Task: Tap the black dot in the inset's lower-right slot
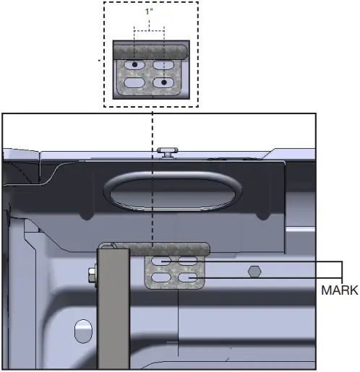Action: [166, 83]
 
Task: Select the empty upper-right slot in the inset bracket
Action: [165, 66]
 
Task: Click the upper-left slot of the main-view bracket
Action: [162, 261]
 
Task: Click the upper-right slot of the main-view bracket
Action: [188, 261]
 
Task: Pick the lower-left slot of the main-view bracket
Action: [162, 277]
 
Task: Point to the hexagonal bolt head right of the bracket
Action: [254, 272]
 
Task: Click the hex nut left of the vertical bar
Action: [91, 275]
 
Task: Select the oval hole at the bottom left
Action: [83, 333]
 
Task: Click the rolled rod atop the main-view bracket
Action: [173, 248]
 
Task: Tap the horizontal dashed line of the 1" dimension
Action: [150, 30]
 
